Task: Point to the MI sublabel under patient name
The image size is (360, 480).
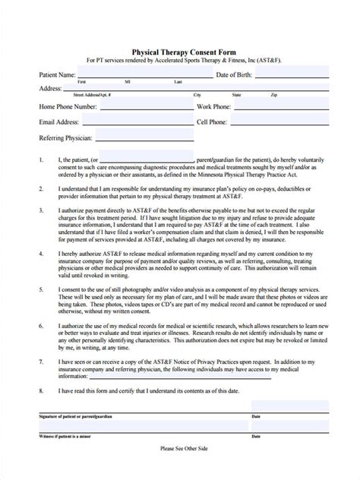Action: tap(128, 81)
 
